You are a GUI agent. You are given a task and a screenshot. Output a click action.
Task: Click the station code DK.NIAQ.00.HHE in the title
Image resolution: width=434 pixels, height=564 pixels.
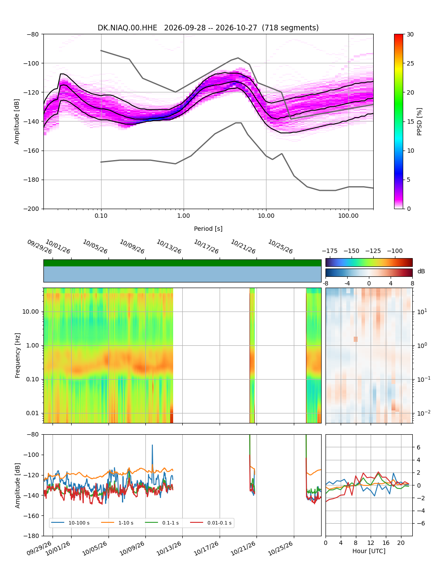pos(127,28)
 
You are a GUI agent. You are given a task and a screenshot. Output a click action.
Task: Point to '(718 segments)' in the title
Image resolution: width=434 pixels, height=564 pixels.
pos(290,28)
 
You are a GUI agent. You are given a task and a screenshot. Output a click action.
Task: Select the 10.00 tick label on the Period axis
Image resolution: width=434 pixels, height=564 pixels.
pos(266,216)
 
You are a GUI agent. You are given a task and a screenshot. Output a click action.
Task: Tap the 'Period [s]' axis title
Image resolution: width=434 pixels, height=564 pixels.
pos(208,229)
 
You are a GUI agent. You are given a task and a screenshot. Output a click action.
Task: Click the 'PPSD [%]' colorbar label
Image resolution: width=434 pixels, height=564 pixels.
pos(419,121)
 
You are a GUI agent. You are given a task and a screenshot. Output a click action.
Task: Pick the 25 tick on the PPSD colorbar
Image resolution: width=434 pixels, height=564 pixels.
pos(410,63)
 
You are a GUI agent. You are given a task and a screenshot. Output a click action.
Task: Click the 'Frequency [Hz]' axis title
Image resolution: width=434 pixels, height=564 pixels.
pos(17,356)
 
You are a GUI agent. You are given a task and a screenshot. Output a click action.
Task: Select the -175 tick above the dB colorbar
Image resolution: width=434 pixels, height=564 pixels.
pos(330,251)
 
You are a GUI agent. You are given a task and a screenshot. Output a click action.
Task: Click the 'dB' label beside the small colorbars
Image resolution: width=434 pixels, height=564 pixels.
pos(421,271)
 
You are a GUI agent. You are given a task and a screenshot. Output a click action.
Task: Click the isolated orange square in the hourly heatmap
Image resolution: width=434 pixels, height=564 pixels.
pos(355,339)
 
